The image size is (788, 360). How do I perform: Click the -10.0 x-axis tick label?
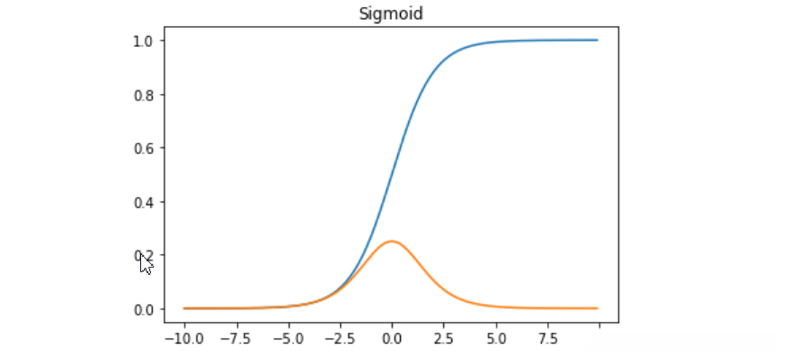tap(184, 339)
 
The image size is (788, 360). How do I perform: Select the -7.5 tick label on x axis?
tap(236, 339)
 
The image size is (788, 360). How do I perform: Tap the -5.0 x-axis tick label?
tap(288, 339)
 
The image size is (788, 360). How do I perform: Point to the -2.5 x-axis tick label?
tap(339, 339)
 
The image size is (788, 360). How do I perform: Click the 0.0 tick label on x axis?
tap(392, 339)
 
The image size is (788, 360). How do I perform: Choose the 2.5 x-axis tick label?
tap(443, 339)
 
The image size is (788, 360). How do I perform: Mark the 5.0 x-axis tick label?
tap(495, 339)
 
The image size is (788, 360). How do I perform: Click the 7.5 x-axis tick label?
tap(547, 339)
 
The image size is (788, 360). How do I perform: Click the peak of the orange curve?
tap(392, 242)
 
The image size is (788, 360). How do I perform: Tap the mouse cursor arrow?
tap(145, 263)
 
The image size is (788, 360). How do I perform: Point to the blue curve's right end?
tap(598, 40)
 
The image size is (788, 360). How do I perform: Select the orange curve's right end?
tap(598, 308)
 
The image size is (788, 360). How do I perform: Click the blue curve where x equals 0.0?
tap(392, 175)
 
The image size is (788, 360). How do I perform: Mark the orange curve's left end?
tap(185, 308)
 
